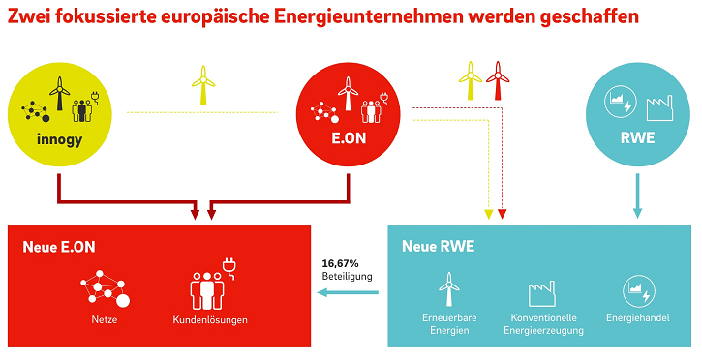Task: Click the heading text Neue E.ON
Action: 59,247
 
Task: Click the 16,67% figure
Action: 340,262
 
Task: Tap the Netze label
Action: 104,318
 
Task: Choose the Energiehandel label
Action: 637,317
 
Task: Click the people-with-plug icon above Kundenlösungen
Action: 209,283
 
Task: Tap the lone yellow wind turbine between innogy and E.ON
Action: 203,85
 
